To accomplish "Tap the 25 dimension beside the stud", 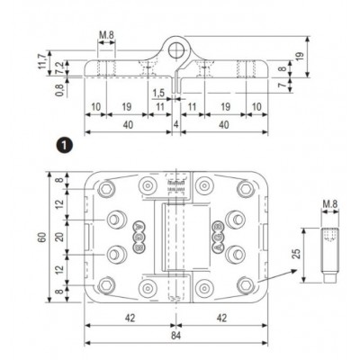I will [x=294, y=255].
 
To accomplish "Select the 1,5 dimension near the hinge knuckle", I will [x=157, y=92].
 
